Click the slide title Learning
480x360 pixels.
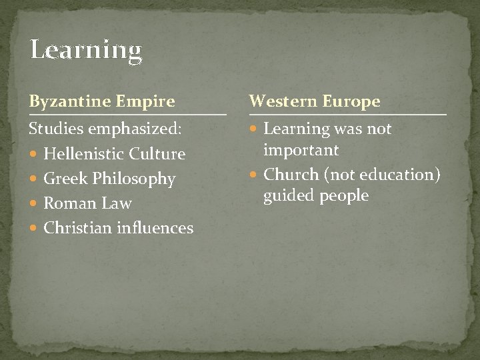tap(86, 51)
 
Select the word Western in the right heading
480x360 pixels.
tap(283, 101)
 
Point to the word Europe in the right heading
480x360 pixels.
tap(351, 101)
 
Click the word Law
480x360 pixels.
tap(117, 203)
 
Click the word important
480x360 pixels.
tap(301, 150)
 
